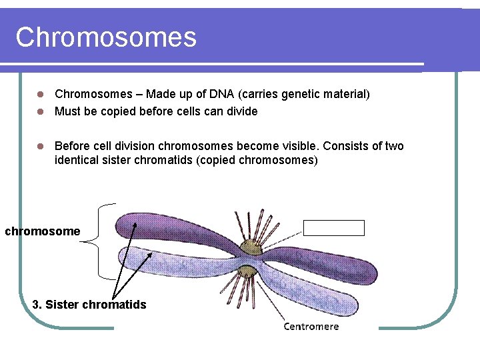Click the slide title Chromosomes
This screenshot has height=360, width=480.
tap(106, 37)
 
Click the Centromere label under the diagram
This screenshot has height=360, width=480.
tap(311, 326)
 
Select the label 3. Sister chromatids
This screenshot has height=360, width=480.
tap(89, 305)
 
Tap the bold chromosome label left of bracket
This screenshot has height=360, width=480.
tap(43, 231)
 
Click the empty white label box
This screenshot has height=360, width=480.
tap(334, 228)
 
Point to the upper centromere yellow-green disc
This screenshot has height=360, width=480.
tap(251, 248)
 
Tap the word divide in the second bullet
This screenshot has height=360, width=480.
tap(242, 111)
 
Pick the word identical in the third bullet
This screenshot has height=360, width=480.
tap(78, 161)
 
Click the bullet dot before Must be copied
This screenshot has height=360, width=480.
tap(39, 111)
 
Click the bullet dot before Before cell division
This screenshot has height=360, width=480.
tap(39, 146)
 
